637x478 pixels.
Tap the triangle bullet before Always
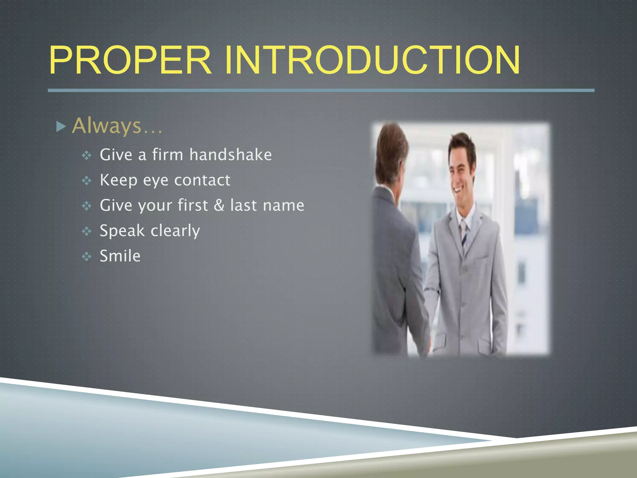[61, 127]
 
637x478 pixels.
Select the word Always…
[117, 126]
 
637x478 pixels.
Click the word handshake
[230, 155]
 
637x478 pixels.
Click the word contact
[202, 180]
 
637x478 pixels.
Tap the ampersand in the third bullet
[219, 205]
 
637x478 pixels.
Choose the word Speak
[122, 231]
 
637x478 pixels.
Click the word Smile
[120, 256]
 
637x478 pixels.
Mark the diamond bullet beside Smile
[86, 257]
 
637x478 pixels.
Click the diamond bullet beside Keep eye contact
[86, 180]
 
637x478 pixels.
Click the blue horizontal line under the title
[320, 90]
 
